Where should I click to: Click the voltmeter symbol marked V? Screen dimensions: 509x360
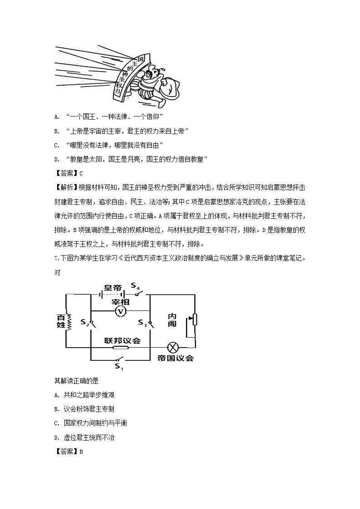[120, 310]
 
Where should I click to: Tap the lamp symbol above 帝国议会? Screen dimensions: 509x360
[173, 347]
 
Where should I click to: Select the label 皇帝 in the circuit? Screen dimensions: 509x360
[112, 288]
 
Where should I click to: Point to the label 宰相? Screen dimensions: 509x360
[121, 301]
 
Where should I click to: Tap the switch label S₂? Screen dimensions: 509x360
[84, 322]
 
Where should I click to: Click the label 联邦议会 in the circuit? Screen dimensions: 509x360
[122, 340]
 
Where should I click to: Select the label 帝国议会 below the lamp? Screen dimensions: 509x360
[175, 358]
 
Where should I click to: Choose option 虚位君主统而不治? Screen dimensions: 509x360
[93, 437]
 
